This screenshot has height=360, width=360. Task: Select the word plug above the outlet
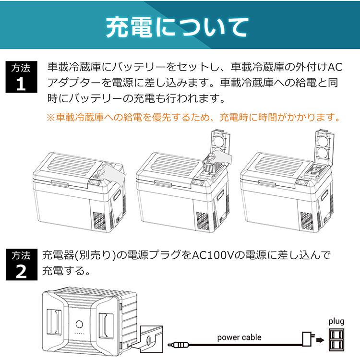[336, 321]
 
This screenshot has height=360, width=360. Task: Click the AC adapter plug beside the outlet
[306, 338]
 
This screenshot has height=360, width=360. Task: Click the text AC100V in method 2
[213, 254]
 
